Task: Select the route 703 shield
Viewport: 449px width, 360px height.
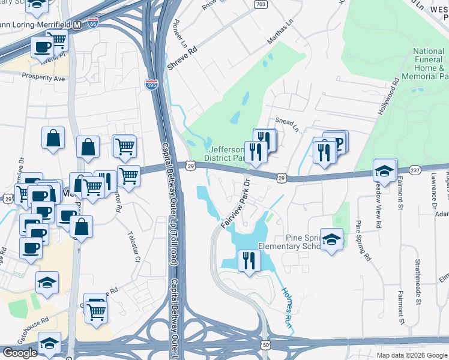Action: click(261, 4)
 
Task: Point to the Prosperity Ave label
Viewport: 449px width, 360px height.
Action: click(43, 77)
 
